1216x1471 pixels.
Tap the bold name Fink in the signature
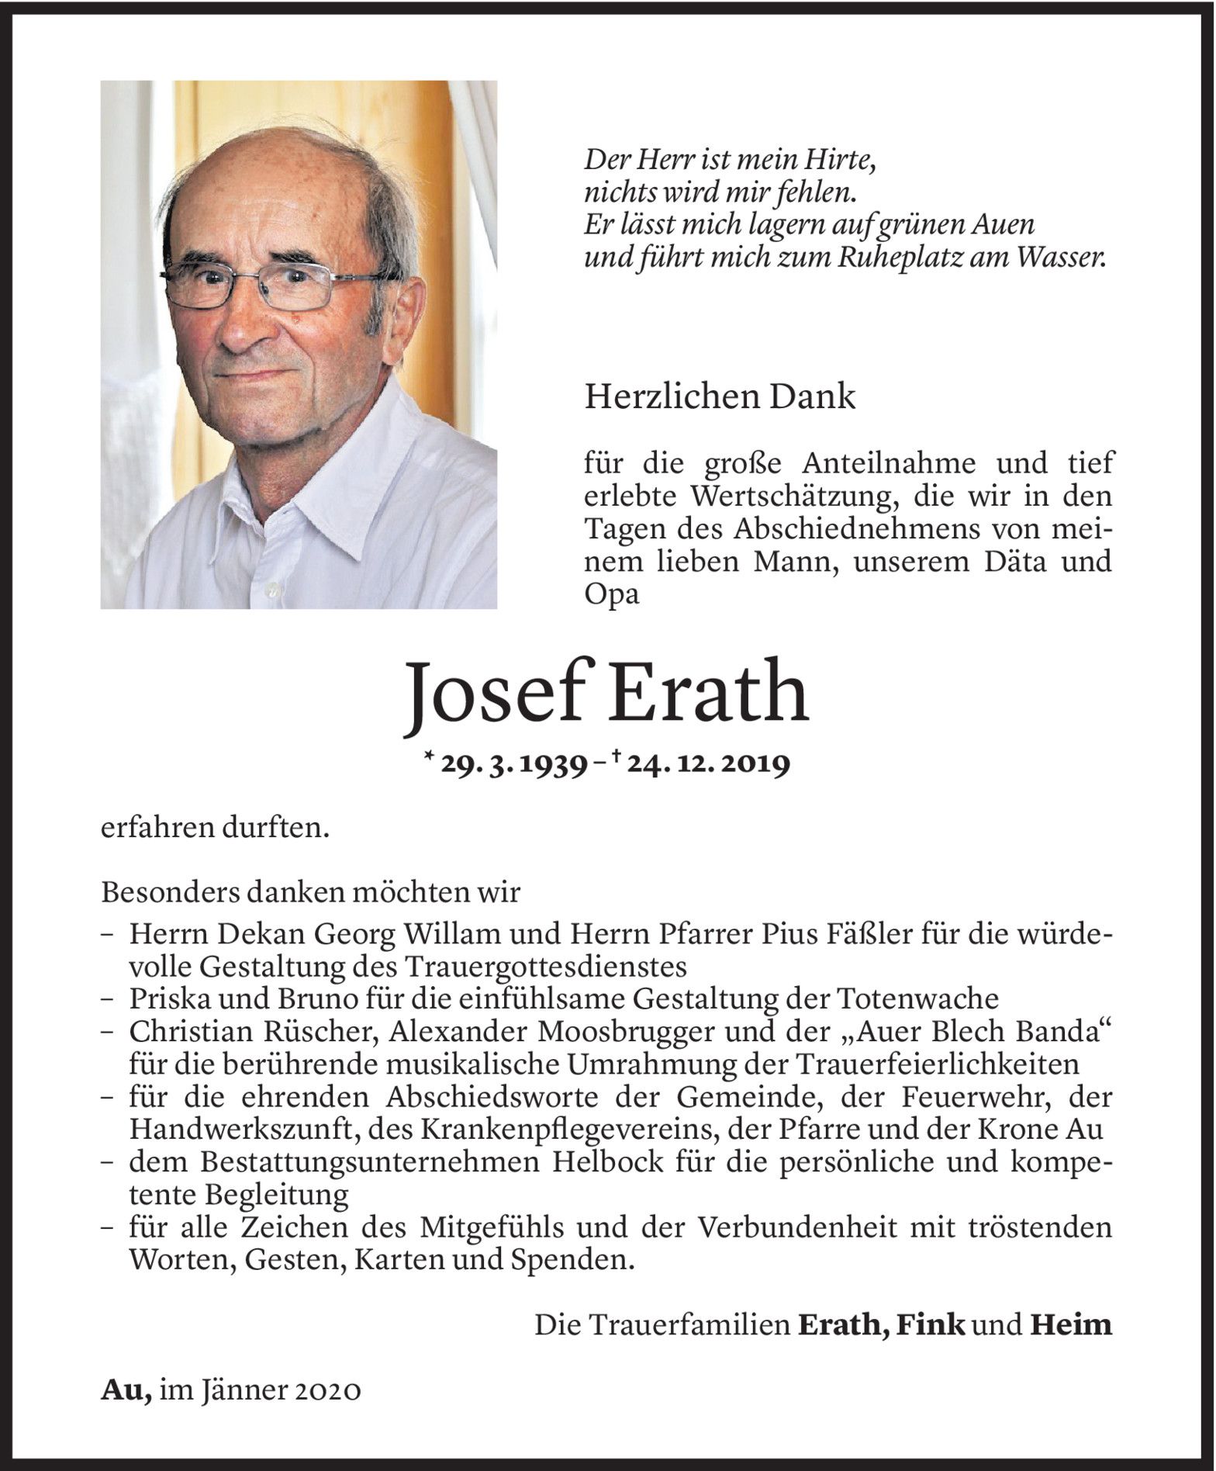[x=930, y=1324]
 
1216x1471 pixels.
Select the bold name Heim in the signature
[x=1071, y=1324]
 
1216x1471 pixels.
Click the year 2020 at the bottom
[x=328, y=1390]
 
